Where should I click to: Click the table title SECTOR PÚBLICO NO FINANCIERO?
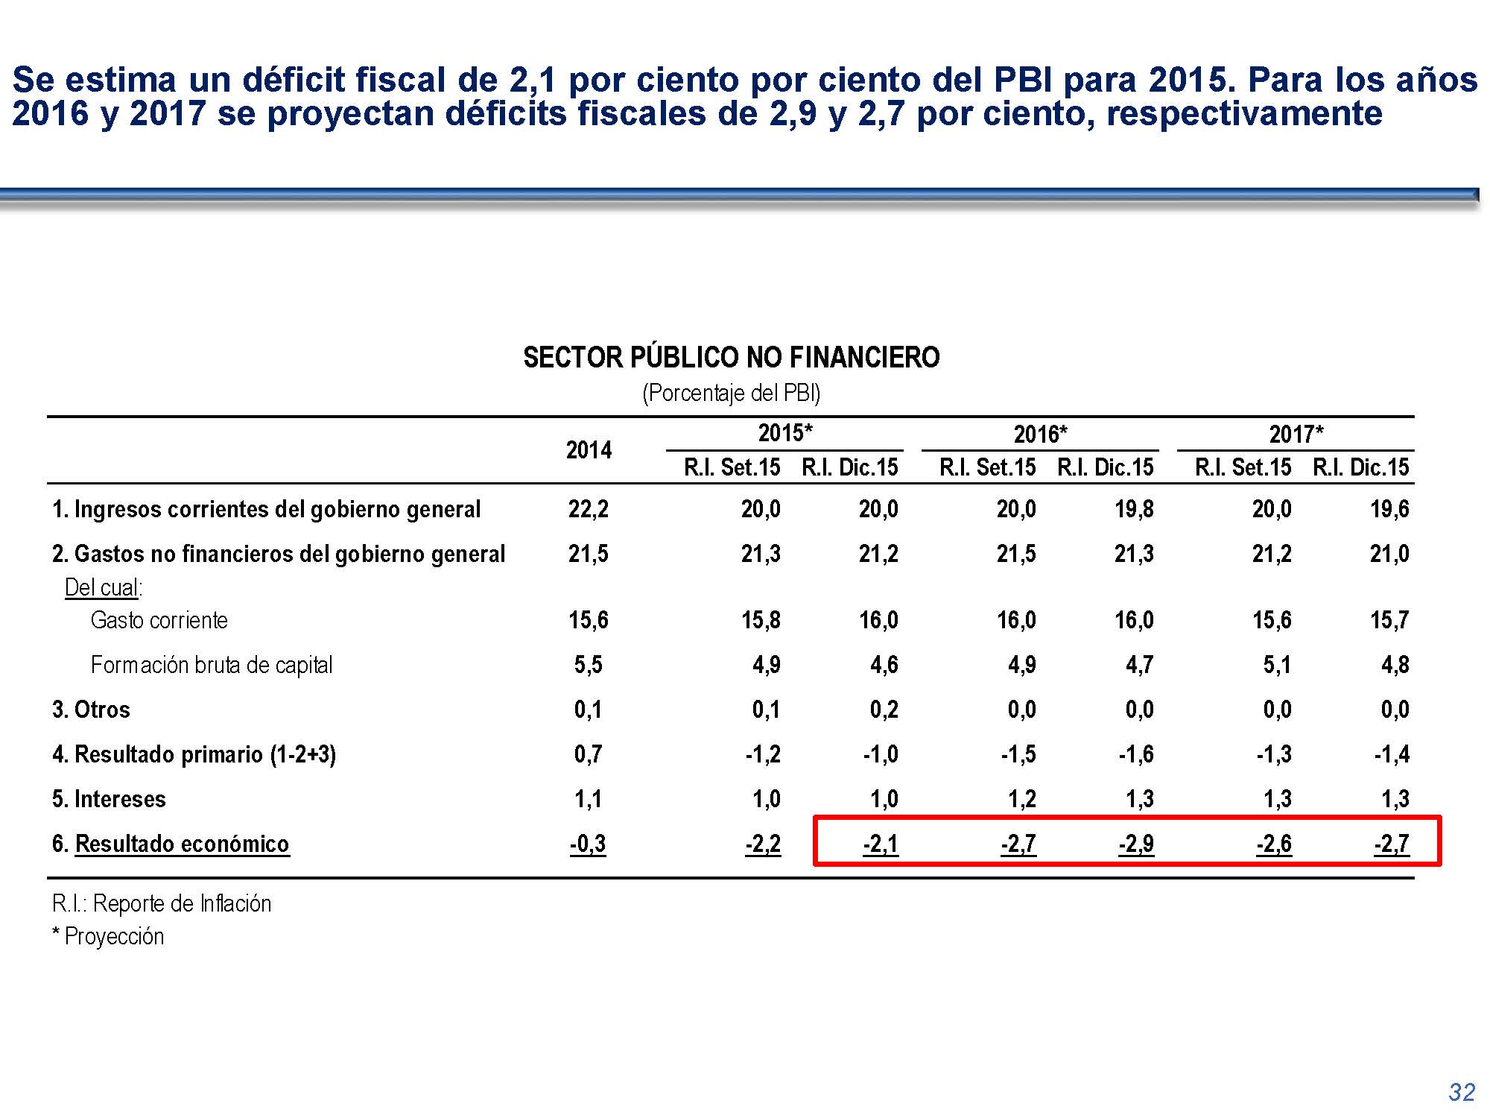pyautogui.click(x=731, y=358)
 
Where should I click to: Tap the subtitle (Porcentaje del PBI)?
pyautogui.click(x=731, y=393)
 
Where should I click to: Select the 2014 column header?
pyautogui.click(x=589, y=450)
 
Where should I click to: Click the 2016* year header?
pyautogui.click(x=1040, y=434)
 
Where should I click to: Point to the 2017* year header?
pyautogui.click(x=1296, y=434)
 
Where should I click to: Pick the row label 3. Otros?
pyautogui.click(x=91, y=710)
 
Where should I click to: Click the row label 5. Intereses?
pyautogui.click(x=109, y=799)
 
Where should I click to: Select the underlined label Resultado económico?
pyautogui.click(x=182, y=844)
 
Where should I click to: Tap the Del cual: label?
pyautogui.click(x=104, y=587)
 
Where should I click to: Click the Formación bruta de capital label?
pyautogui.click(x=212, y=665)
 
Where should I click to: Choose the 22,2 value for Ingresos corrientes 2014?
pyautogui.click(x=589, y=509)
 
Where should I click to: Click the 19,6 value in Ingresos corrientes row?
pyautogui.click(x=1389, y=509)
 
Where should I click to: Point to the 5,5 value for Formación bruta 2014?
pyautogui.click(x=589, y=665)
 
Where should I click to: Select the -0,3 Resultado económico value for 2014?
pyautogui.click(x=588, y=844)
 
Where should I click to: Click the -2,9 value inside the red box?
pyautogui.click(x=1135, y=844)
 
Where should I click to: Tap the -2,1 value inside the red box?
pyautogui.click(x=881, y=844)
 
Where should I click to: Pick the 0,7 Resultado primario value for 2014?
pyautogui.click(x=589, y=754)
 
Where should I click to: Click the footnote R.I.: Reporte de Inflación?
pyautogui.click(x=162, y=903)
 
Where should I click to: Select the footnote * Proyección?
pyautogui.click(x=108, y=936)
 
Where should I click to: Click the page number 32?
pyautogui.click(x=1461, y=1092)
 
